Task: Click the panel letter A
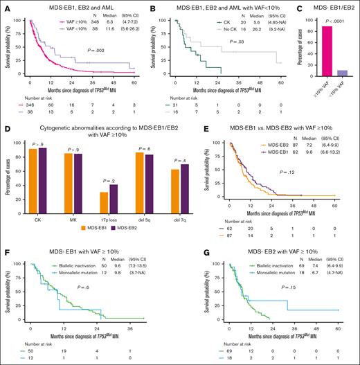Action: click(5, 6)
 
